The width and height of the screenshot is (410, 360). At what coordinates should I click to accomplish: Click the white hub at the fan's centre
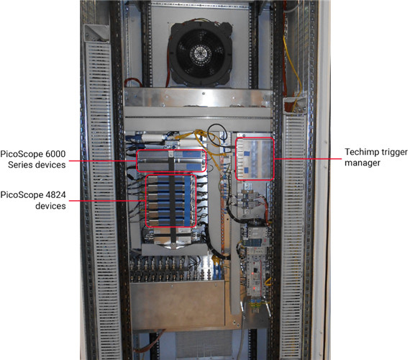[198, 54]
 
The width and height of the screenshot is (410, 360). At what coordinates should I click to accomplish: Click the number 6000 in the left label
[55, 154]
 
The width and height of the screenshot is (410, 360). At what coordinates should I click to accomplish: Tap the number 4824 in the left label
[55, 195]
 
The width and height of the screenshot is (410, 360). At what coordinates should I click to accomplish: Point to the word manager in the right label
[363, 163]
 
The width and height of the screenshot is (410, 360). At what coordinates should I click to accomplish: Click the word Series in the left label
[20, 165]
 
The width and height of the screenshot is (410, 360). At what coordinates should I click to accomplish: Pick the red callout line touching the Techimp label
[308, 158]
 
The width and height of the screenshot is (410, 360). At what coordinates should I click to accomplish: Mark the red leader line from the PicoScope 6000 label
[103, 161]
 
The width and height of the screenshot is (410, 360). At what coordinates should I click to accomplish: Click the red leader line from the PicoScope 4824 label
[107, 201]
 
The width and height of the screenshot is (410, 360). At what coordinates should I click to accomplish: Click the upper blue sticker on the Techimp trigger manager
[246, 153]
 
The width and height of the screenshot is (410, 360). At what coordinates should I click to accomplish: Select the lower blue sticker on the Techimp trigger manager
[246, 171]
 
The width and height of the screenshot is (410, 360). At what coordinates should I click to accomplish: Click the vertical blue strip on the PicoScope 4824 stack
[187, 201]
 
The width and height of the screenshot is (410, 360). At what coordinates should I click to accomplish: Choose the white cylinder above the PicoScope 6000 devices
[152, 138]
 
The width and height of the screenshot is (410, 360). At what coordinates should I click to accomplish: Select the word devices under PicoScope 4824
[50, 206]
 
